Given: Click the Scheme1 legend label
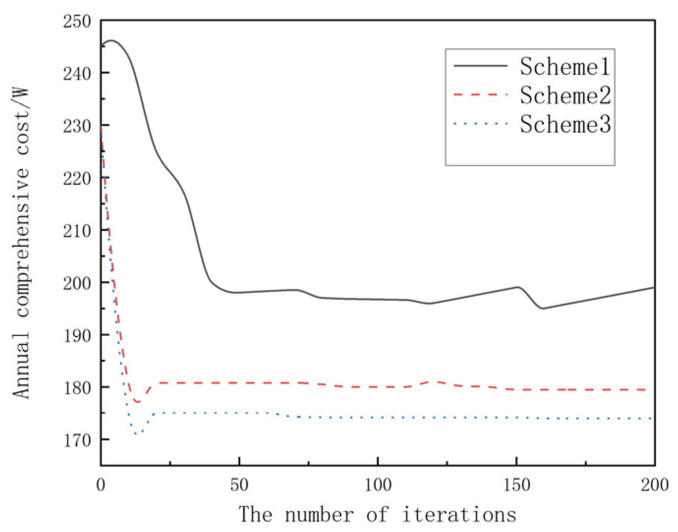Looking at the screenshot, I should click(565, 66).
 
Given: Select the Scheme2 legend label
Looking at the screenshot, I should click(565, 95).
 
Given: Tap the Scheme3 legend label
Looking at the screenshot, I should click(565, 124).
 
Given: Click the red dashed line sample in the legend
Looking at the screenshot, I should click(480, 94).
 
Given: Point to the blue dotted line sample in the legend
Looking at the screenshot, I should click(480, 124).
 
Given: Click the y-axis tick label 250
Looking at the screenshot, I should click(77, 21).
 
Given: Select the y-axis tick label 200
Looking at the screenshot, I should click(77, 283).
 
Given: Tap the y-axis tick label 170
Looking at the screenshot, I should click(77, 440).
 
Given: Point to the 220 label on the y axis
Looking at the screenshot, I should click(77, 178).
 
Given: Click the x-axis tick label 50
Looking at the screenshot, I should click(239, 485).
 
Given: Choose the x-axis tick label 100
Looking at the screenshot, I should click(377, 485).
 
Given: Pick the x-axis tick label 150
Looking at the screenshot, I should click(516, 485).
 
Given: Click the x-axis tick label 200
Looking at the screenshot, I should click(654, 485).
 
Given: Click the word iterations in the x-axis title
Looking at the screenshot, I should click(459, 514).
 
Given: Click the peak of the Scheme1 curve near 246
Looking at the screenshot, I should click(111, 40).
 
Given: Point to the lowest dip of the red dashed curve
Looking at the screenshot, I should click(138, 402).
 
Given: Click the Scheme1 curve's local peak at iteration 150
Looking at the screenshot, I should click(517, 287).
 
